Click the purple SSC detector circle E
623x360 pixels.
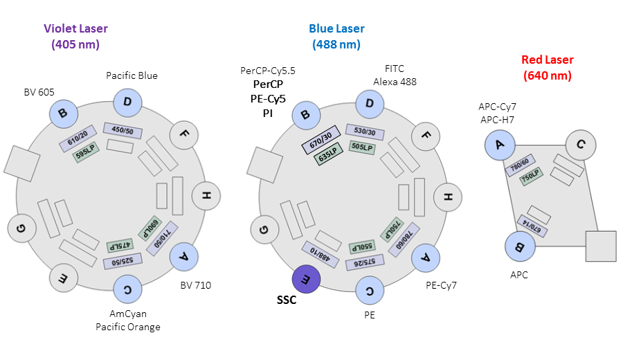click(x=305, y=279)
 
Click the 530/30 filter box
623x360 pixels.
click(x=365, y=131)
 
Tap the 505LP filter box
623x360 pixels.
click(x=362, y=146)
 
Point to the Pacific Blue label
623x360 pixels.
click(x=132, y=75)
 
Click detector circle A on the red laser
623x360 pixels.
click(x=498, y=145)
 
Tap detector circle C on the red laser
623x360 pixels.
click(x=580, y=145)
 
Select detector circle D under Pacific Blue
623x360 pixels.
click(x=128, y=104)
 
